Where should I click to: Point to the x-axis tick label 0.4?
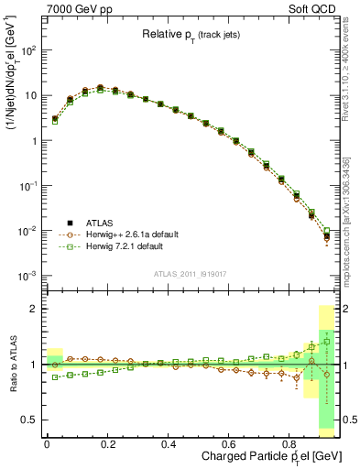169,444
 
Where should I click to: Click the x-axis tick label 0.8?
290,444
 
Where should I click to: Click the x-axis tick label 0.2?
107,444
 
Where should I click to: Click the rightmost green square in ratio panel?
326,342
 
